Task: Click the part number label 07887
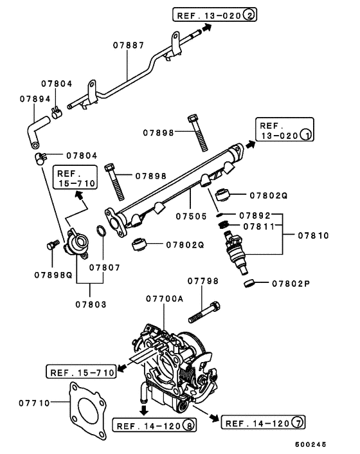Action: tap(129, 46)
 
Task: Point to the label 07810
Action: tap(313, 236)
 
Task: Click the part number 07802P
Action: tap(292, 283)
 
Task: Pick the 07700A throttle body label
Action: tap(165, 299)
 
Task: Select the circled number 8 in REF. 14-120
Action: tap(188, 425)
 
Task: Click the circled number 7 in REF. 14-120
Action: tap(298, 422)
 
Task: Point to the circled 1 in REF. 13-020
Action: tap(307, 136)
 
